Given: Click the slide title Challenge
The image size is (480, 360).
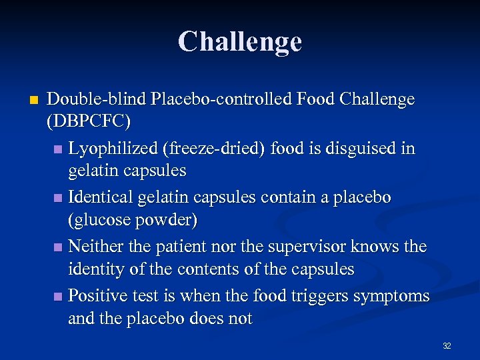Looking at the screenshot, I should point(239,41).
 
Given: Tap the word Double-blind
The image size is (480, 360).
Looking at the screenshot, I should point(97,100).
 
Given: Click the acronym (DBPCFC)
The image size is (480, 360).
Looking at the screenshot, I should point(89,122).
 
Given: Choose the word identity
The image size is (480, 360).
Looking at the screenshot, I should point(97,269).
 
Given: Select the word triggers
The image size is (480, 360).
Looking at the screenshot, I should point(321,296).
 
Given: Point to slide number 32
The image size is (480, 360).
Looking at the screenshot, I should point(447,346).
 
